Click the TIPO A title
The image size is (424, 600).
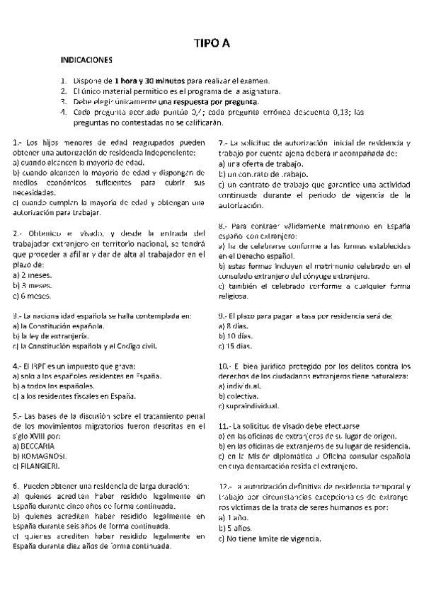pyautogui.click(x=212, y=44)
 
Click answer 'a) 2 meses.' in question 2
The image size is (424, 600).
pyautogui.click(x=31, y=275)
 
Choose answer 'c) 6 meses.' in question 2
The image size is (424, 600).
pyautogui.click(x=32, y=296)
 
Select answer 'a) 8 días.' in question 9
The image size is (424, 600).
pyautogui.click(x=235, y=326)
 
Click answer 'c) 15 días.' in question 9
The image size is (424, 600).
pyautogui.click(x=236, y=347)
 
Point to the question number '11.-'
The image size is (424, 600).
pyautogui.click(x=226, y=427)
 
